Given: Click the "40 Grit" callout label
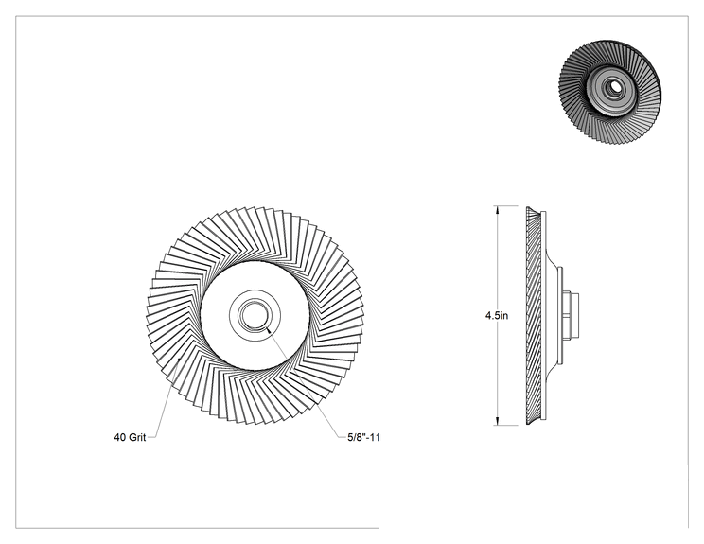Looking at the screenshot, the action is (130, 437).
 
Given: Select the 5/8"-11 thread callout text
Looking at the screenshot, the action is (363, 437).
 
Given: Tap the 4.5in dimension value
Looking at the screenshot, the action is (497, 316).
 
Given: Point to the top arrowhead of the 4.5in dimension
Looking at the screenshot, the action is (497, 210).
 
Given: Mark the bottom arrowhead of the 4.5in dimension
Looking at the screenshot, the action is (497, 421).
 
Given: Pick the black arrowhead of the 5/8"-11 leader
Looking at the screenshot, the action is (268, 330).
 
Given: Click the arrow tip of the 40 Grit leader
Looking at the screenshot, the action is (179, 360).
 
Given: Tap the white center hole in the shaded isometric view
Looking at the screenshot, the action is (612, 87).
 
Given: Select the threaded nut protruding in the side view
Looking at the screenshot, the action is (571, 315).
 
